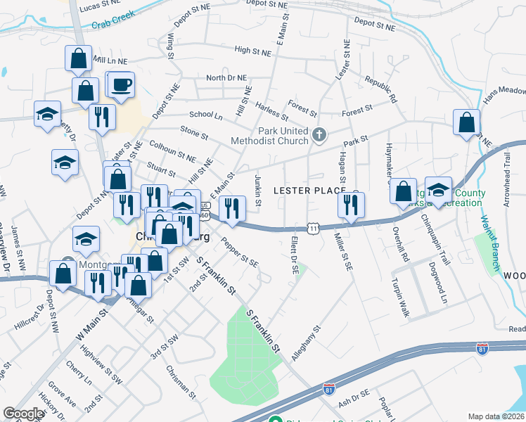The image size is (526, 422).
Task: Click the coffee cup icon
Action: click(x=121, y=85)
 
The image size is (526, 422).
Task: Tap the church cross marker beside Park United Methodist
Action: click(x=319, y=134)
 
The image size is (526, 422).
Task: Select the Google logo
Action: click(x=23, y=414)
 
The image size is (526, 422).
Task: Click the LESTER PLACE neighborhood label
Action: click(x=309, y=191)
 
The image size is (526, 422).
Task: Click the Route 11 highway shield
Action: click(x=314, y=228)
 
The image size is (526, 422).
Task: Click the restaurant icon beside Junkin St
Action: click(x=231, y=207)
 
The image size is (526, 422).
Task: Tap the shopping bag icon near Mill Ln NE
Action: click(x=79, y=58)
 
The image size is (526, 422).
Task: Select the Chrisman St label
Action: click(x=182, y=378)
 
